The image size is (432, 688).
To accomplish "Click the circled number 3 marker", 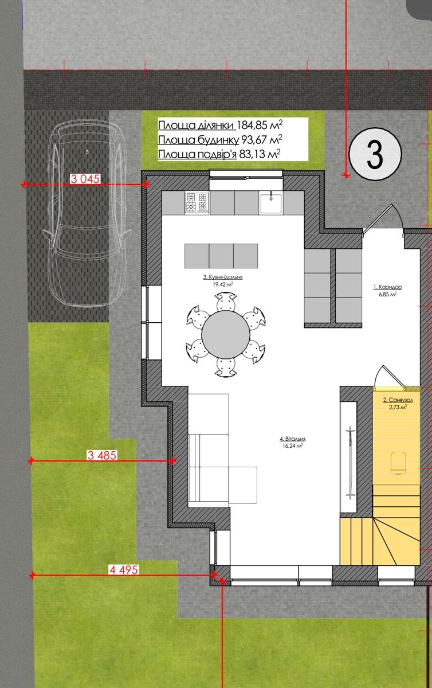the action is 375,154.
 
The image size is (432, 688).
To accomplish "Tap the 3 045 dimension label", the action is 85,179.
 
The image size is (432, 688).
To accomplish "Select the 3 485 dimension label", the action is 102,455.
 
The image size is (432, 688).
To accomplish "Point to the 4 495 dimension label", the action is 124,570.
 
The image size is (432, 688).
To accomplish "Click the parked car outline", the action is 88,213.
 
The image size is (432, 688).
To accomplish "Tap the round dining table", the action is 226,334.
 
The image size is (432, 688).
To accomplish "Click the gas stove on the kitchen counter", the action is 197,202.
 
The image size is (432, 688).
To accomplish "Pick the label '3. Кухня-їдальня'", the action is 223,277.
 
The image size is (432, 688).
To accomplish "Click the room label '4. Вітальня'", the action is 293,439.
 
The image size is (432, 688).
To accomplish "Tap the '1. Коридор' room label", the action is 387,287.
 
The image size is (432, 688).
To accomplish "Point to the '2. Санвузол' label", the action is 398,400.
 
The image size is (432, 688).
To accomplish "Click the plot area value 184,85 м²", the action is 260,126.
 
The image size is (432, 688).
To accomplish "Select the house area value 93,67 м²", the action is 262,140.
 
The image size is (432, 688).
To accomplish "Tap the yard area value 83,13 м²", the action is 260,154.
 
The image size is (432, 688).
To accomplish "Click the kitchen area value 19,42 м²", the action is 223,284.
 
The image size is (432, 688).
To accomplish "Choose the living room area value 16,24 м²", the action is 293,446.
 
